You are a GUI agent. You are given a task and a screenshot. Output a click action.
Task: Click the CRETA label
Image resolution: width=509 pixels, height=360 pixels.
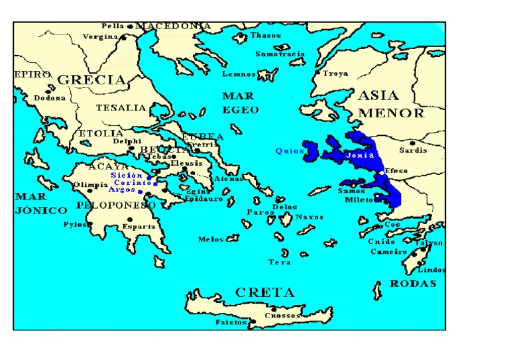[264, 292]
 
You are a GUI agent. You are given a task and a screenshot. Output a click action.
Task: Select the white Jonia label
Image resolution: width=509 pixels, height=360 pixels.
[360, 155]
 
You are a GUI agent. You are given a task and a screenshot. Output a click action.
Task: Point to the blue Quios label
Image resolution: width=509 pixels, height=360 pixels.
[289, 151]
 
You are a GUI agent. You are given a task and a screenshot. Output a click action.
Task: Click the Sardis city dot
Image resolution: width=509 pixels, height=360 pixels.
[412, 143]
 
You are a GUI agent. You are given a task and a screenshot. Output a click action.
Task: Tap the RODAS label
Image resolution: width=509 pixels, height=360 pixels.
[413, 283]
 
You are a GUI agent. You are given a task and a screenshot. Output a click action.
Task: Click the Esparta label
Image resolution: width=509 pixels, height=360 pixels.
[139, 227]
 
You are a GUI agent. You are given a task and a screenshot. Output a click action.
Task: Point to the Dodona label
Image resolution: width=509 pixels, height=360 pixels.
[50, 98]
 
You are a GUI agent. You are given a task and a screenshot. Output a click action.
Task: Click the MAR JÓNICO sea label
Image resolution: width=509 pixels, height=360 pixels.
[41, 204]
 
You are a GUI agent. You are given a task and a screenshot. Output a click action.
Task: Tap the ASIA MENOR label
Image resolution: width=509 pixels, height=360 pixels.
[391, 104]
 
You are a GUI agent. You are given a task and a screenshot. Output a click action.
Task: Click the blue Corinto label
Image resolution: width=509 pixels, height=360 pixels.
[133, 182]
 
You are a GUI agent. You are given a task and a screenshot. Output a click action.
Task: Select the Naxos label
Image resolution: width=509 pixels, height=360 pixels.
[310, 217]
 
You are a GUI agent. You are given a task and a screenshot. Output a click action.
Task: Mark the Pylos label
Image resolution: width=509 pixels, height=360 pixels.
[75, 225]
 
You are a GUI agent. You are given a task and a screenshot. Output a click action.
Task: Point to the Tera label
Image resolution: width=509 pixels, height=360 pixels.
[280, 263]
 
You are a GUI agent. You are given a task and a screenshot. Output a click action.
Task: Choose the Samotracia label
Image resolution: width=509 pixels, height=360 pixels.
[280, 54]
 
